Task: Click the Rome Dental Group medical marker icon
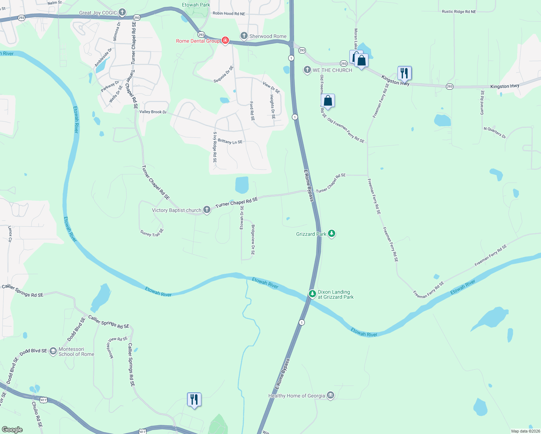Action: point(225,40)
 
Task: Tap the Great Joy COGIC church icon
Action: point(122,13)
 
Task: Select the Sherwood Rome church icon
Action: point(244,36)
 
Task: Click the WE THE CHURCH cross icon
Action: point(307,70)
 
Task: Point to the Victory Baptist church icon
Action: point(206,210)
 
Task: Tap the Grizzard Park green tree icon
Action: point(331,234)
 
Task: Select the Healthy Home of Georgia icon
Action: point(330,395)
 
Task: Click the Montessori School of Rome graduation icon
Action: point(53,351)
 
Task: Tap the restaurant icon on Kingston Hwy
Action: point(404,73)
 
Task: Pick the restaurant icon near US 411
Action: point(194,399)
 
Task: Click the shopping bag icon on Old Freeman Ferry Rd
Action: point(328,101)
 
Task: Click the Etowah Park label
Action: point(196,5)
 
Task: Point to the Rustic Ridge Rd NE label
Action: point(459,12)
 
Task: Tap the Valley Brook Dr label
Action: point(153,112)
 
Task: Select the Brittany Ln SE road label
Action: point(230,141)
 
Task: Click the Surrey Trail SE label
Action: point(152,233)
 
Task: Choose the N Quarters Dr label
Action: point(495,132)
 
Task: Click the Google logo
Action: point(12,429)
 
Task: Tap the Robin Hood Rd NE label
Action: point(229,14)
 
